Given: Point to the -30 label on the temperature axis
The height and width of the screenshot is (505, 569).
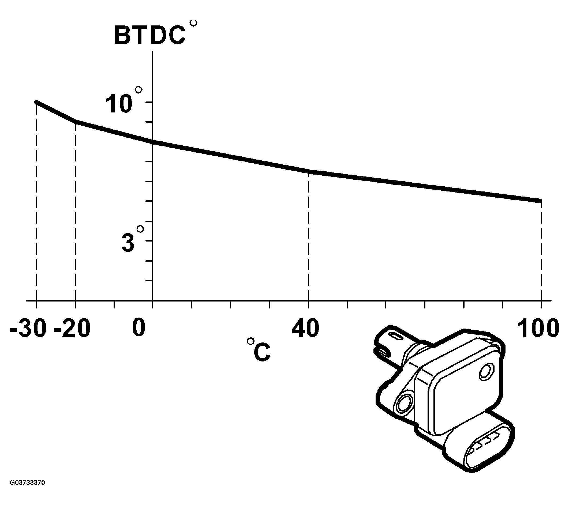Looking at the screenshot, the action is (28, 328).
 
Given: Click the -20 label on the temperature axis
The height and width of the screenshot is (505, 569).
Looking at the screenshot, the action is (72, 328).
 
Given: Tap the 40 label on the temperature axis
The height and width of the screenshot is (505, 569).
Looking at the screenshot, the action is (305, 328).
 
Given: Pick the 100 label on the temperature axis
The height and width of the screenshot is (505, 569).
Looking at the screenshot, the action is (539, 328).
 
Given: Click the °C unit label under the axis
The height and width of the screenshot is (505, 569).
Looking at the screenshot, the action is (259, 350).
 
